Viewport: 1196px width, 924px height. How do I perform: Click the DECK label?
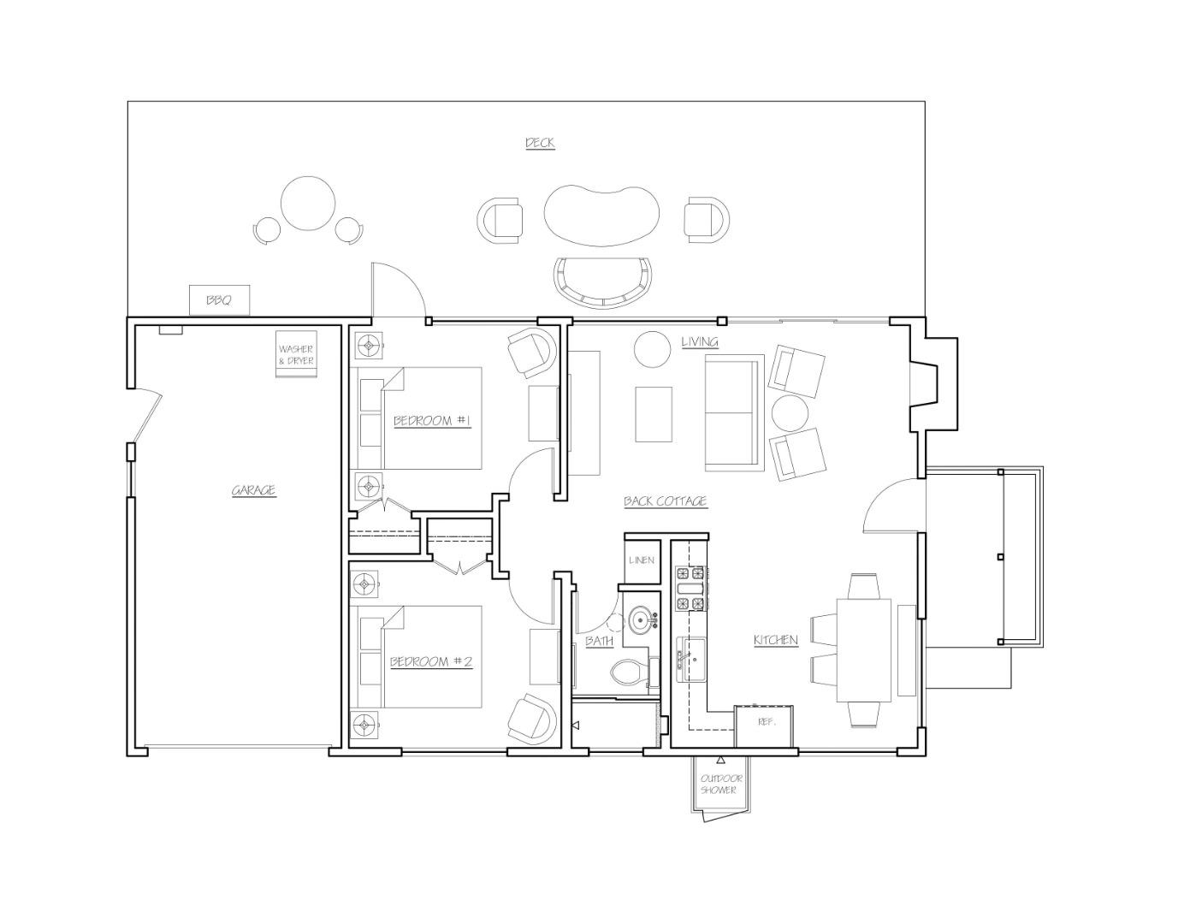tap(539, 143)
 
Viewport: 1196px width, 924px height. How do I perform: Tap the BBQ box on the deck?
tap(219, 300)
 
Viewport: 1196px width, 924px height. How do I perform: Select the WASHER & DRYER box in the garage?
tap(296, 355)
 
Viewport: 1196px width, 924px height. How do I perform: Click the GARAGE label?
tap(254, 490)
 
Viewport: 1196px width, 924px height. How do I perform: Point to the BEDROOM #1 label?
tap(432, 420)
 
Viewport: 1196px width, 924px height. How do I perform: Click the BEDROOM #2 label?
tap(431, 661)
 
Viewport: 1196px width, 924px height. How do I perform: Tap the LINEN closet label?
tap(642, 561)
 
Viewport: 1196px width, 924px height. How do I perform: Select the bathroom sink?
tap(641, 619)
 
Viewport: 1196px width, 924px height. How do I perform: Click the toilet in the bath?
tap(631, 673)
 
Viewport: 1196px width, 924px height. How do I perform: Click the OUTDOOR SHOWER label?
tap(721, 785)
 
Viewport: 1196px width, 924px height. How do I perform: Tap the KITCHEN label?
tap(775, 640)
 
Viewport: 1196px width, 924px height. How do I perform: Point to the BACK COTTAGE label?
tap(665, 501)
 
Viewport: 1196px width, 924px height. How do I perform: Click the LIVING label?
tap(699, 342)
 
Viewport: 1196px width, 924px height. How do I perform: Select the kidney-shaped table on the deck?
tap(602, 216)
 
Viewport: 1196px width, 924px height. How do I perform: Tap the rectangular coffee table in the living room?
tap(654, 414)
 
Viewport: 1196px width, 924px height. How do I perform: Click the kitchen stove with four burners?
tap(691, 589)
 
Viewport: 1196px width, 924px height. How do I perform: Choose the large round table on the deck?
tap(308, 203)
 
